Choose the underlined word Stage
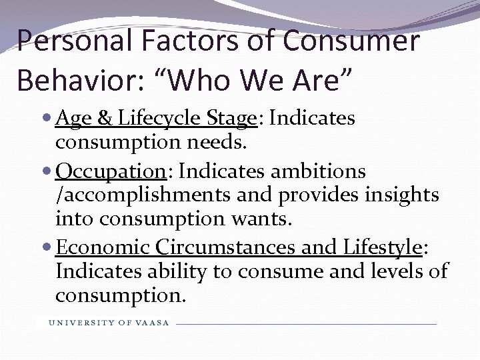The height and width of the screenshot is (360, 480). pyautogui.click(x=231, y=119)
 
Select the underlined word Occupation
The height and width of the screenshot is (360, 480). pyautogui.click(x=111, y=171)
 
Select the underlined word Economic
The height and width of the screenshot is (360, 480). pyautogui.click(x=103, y=247)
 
